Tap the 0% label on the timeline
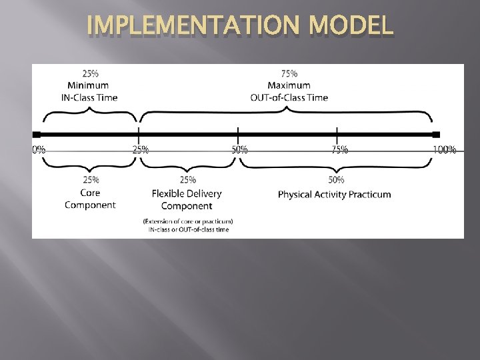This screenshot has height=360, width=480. point(39,149)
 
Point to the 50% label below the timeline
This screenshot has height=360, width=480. point(239,149)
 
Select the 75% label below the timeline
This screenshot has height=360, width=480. point(339,149)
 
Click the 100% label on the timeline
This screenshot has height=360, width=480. point(445,149)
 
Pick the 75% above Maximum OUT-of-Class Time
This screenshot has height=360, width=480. point(289,73)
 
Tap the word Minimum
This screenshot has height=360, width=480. point(88,85)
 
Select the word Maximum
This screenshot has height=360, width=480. point(289,85)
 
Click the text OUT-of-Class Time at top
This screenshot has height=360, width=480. point(289,97)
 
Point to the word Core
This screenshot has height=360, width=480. point(90,193)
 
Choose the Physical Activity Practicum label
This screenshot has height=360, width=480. point(335,195)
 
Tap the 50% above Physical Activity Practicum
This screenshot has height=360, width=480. point(337,179)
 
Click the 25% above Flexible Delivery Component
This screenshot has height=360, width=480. point(188,179)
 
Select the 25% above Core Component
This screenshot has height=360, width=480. point(91,179)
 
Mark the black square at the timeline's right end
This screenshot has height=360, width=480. point(436,135)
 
